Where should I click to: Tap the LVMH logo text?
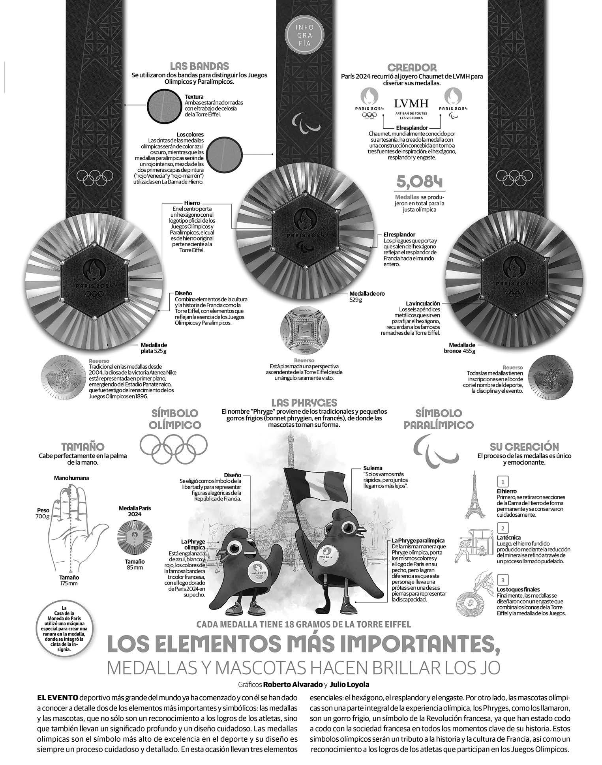tap(411, 104)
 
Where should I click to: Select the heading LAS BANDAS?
tap(199, 66)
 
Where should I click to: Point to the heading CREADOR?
tap(412, 67)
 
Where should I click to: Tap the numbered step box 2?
tap(502, 528)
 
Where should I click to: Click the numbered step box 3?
tap(502, 580)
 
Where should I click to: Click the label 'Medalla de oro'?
tap(367, 294)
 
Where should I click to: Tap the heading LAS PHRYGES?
tap(304, 403)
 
